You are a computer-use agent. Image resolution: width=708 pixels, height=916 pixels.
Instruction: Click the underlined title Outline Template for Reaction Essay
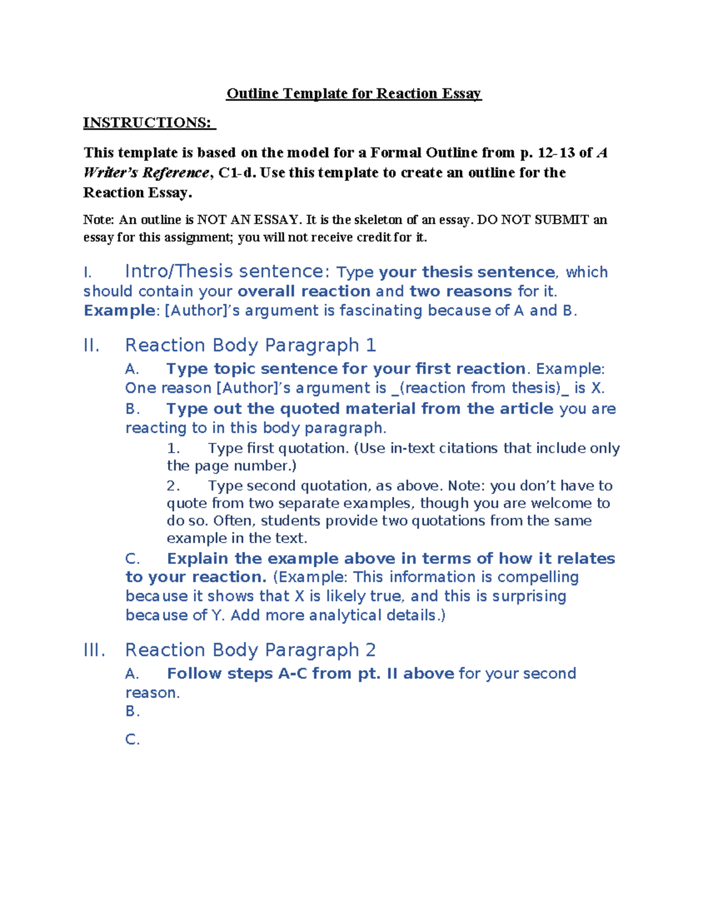tap(354, 94)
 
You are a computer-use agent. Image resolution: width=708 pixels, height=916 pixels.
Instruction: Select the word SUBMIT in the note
tap(561, 220)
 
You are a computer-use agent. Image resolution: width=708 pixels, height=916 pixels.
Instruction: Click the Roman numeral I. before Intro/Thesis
tap(88, 272)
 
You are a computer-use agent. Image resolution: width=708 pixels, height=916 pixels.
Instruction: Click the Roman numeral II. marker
tap(91, 346)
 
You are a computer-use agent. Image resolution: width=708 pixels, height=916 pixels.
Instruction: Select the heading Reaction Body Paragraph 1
tap(250, 346)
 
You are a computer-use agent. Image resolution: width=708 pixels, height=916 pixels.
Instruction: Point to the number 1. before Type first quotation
tap(173, 449)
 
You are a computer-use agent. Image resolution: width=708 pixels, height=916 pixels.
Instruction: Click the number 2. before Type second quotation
tap(173, 486)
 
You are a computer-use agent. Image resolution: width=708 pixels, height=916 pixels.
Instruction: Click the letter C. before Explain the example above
tap(133, 559)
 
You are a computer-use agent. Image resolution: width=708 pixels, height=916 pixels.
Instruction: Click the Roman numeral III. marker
tap(94, 651)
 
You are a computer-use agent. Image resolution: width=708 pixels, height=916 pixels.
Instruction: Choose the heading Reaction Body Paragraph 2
tap(250, 651)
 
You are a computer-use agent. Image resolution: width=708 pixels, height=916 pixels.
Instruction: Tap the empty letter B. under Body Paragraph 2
tap(133, 711)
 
